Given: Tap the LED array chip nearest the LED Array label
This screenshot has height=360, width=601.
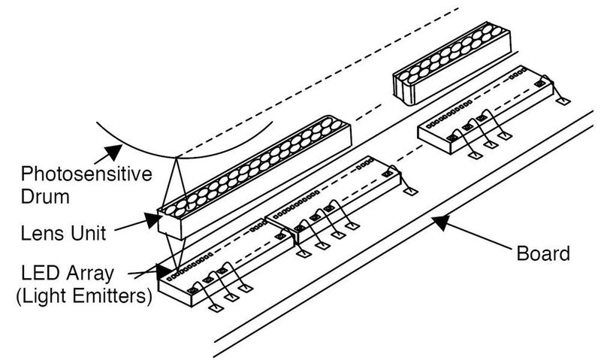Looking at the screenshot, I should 225,263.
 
